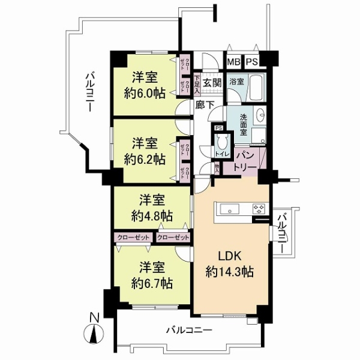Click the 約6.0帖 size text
(145, 93)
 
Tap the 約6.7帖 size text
(152, 282)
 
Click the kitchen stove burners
(260, 209)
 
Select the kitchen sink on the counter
(230, 209)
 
